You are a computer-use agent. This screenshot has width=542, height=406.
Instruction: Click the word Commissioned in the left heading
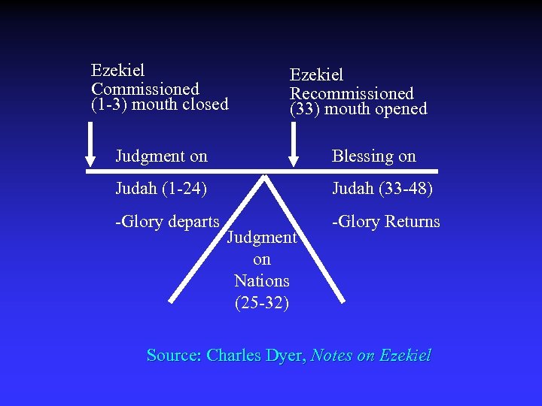tap(145, 89)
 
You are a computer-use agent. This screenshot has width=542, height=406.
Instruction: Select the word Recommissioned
tap(352, 94)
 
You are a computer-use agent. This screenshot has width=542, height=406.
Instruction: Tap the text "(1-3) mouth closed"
tap(160, 105)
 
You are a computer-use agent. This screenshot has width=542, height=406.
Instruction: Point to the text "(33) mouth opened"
tap(358, 110)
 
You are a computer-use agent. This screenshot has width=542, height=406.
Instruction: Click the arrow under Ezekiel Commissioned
tap(91, 144)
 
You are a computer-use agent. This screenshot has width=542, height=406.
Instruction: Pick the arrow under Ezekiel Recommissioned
tap(294, 144)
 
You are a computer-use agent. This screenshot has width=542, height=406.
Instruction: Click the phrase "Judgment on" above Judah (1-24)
tap(161, 156)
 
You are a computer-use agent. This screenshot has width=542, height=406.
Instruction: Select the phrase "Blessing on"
tap(374, 156)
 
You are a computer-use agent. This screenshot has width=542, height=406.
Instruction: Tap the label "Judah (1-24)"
tap(161, 188)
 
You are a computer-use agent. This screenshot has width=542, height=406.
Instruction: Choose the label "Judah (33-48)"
tap(382, 188)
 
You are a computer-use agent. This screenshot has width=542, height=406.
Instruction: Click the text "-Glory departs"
tap(167, 221)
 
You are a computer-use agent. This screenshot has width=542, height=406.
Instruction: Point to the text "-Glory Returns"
tap(386, 221)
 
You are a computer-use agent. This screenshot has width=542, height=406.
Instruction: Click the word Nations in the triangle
tap(262, 281)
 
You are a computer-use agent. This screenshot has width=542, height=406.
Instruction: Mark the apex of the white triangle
tap(264, 177)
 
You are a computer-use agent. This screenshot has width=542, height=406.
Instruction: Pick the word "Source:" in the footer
tap(174, 356)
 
